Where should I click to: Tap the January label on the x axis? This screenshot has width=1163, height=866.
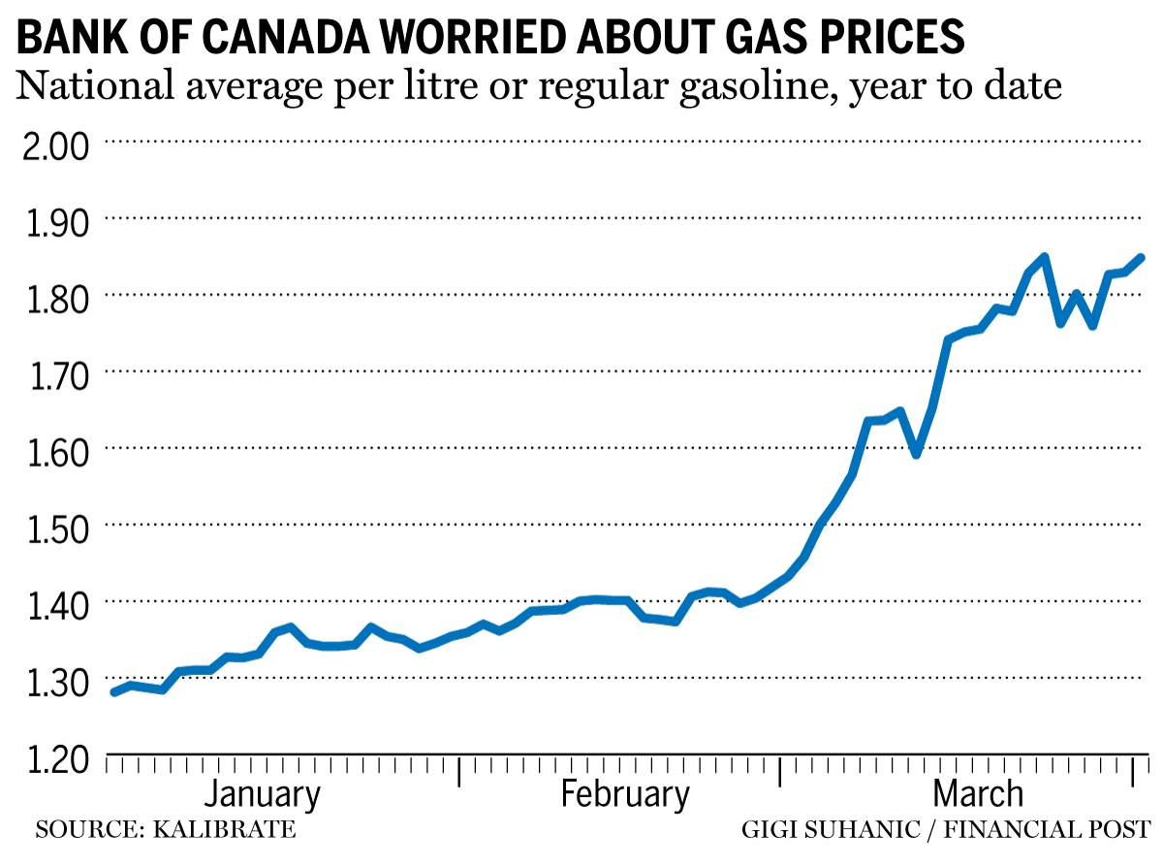tap(262, 794)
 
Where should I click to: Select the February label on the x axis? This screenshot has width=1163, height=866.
tap(625, 794)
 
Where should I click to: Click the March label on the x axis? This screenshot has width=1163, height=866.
tap(978, 794)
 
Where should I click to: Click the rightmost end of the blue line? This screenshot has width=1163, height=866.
tap(1142, 258)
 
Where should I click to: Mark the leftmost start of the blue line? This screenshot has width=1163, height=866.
tap(114, 692)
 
